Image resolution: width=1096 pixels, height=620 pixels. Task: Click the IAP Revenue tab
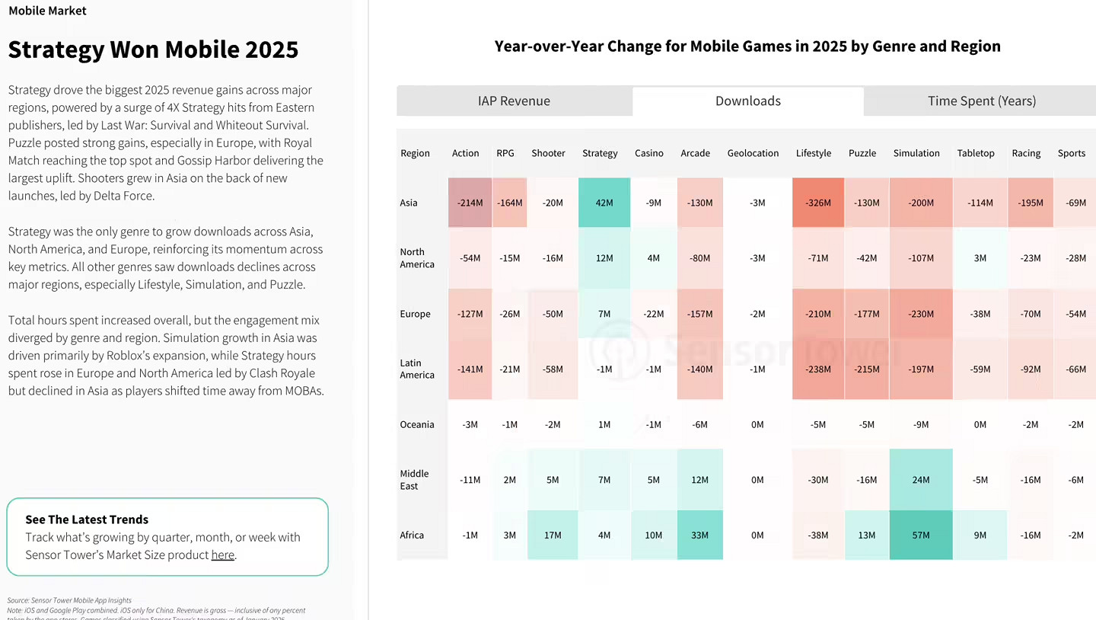514,101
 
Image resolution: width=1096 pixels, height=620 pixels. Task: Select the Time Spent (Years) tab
981,101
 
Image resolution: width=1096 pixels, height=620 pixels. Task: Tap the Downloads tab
747,101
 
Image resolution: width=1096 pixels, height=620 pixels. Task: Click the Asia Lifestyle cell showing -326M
817,203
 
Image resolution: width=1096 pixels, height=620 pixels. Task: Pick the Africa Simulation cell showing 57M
920,535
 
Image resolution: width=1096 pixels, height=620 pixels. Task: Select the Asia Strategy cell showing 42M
604,203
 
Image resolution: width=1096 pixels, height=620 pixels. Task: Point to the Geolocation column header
753,153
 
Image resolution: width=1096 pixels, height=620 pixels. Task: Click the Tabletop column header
975,153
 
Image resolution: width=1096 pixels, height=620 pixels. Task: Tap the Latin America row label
417,369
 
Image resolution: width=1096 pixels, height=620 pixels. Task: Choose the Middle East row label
414,480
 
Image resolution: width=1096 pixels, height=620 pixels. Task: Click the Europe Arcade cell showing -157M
699,314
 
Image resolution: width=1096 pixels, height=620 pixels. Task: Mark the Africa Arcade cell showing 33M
699,535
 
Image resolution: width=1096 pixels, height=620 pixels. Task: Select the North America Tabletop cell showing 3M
980,258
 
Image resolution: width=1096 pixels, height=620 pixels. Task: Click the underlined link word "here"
222,555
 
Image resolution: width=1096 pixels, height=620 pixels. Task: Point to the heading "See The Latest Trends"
87,519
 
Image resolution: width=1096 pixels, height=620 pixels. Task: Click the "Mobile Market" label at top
47,11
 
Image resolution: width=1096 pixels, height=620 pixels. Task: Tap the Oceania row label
417,424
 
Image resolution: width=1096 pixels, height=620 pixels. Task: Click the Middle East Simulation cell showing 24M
920,480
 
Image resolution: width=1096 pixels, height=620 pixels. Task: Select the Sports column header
1071,153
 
